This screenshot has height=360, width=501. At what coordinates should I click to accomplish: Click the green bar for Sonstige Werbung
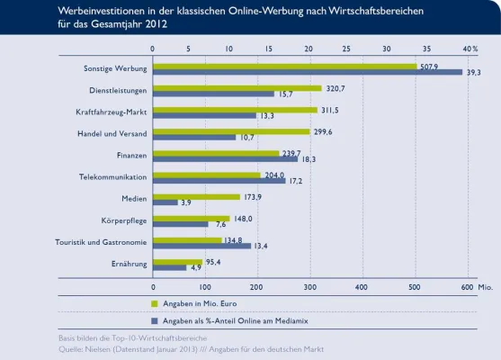pyautogui.click(x=284, y=66)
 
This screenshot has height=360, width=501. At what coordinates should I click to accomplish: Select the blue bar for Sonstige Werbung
pyautogui.click(x=307, y=72)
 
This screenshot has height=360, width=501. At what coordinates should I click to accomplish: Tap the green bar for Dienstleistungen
pyautogui.click(x=237, y=88)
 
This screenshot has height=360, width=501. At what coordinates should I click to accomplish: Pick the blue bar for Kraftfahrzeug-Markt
pyautogui.click(x=204, y=115)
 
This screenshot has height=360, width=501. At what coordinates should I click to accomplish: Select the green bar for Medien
pyautogui.click(x=197, y=196)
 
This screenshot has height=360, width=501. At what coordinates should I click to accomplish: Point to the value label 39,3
pyautogui.click(x=474, y=73)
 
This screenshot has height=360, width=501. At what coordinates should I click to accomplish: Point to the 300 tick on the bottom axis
pyautogui.click(x=309, y=286)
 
